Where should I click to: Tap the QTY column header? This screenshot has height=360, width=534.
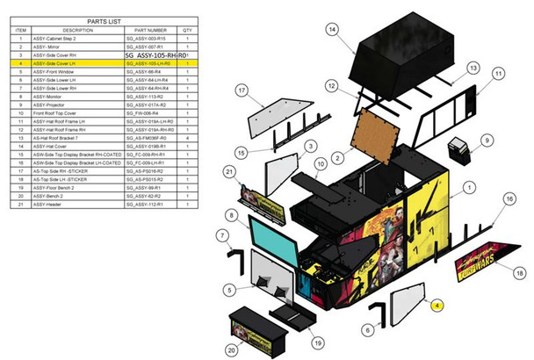[x=187, y=29]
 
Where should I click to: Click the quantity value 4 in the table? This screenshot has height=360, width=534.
[x=187, y=138]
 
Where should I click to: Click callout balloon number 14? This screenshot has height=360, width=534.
[x=331, y=30]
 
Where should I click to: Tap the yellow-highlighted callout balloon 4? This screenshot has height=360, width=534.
[x=437, y=305]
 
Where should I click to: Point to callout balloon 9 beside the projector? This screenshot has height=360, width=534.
[x=486, y=140]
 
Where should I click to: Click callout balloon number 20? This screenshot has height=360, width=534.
[x=230, y=349]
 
